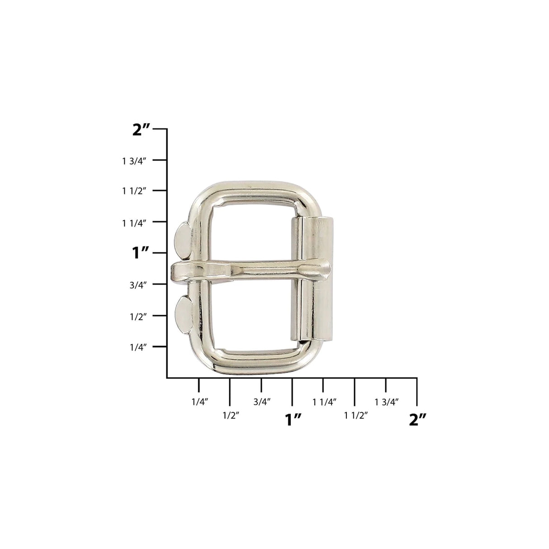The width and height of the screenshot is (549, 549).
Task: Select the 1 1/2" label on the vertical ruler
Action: (134, 191)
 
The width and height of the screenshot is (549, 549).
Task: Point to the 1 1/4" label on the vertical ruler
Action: (134, 222)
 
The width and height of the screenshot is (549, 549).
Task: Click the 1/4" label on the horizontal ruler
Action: (199, 401)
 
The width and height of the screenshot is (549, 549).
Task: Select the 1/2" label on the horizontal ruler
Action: (231, 415)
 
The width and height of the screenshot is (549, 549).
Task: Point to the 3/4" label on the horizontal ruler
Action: (262, 401)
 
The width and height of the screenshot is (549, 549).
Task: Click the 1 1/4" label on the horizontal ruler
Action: (324, 401)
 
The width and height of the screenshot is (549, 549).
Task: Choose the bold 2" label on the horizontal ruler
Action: (417, 420)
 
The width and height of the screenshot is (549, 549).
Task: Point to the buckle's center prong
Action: (253, 271)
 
